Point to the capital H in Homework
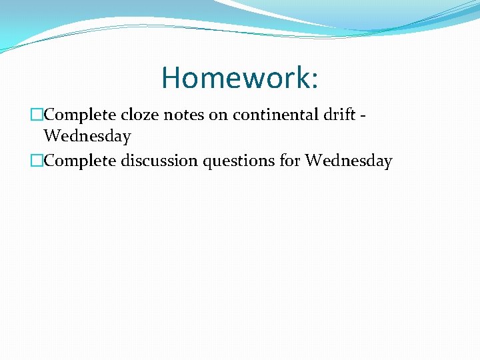171,77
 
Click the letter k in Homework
301,77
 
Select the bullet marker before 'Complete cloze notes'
37,115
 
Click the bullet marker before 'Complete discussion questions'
37,161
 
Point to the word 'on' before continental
217,115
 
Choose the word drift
343,115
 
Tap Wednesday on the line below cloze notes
87,137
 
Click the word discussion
149,161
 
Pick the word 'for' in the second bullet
289,161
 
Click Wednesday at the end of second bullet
349,161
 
